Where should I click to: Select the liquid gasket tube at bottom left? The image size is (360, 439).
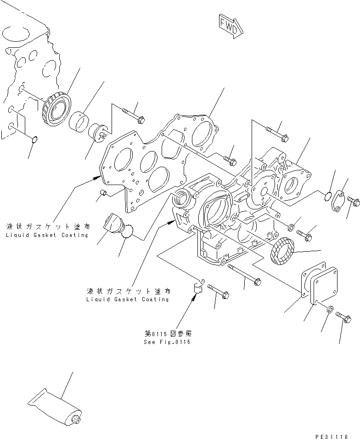coord(55,404)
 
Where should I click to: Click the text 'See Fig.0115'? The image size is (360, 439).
coord(167,342)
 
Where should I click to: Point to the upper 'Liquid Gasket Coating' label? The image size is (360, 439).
coord(47,235)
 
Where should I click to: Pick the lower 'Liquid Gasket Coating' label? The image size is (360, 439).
coord(128,299)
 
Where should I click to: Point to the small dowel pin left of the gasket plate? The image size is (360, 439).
coord(105,192)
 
